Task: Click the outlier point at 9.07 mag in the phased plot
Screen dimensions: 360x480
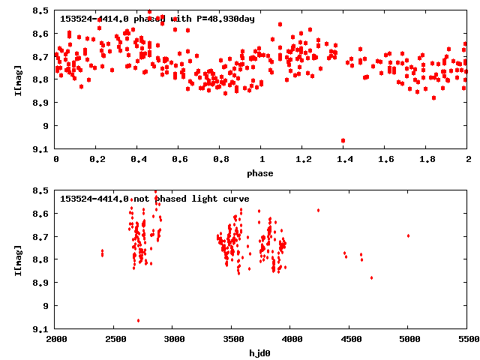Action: (x=343, y=140)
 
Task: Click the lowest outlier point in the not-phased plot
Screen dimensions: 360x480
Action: (x=138, y=320)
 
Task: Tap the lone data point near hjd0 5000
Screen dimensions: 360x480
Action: (x=408, y=235)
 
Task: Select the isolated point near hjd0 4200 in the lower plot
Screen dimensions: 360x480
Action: (x=318, y=210)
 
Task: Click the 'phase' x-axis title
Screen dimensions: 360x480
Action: (x=262, y=173)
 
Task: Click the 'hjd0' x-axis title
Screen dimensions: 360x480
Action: (x=262, y=352)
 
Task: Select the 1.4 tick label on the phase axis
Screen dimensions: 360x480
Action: (x=344, y=160)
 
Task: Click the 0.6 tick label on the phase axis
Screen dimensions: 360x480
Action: (x=179, y=160)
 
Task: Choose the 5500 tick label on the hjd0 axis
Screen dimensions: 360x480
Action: (x=467, y=340)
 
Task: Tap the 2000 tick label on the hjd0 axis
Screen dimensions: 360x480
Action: (x=56, y=340)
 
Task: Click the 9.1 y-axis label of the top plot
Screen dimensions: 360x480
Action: (x=41, y=148)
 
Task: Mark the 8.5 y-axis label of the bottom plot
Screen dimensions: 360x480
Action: (x=41, y=190)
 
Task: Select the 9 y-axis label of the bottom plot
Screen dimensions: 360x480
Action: (x=46, y=305)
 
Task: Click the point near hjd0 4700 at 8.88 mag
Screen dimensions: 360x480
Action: (x=371, y=277)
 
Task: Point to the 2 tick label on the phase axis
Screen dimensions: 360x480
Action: (x=467, y=160)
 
